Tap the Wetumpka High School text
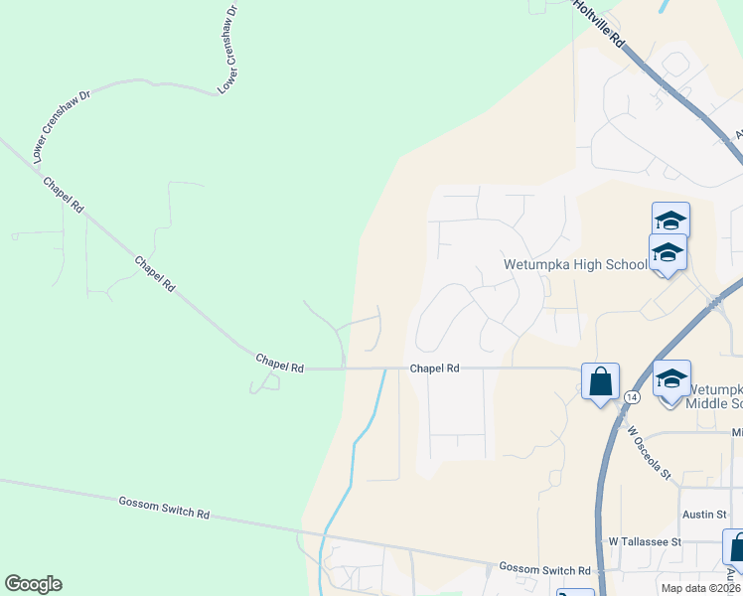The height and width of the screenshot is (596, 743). pyautogui.click(x=574, y=265)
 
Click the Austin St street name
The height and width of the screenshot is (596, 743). pyautogui.click(x=706, y=514)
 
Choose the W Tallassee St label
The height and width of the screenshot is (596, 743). pyautogui.click(x=645, y=542)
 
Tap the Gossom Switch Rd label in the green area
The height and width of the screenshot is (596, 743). pyautogui.click(x=164, y=508)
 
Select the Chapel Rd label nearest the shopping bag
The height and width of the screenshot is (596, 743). pyautogui.click(x=435, y=369)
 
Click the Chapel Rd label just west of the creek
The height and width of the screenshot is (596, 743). pyautogui.click(x=279, y=363)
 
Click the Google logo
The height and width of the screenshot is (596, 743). pyautogui.click(x=33, y=584)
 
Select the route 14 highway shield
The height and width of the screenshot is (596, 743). pyautogui.click(x=632, y=396)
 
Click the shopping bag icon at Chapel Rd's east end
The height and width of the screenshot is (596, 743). pyautogui.click(x=600, y=381)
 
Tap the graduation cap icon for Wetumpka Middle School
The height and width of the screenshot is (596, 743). pyautogui.click(x=671, y=379)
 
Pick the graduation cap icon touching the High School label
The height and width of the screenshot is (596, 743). pyautogui.click(x=669, y=253)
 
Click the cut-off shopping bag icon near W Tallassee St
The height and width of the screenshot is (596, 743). pyautogui.click(x=734, y=547)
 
